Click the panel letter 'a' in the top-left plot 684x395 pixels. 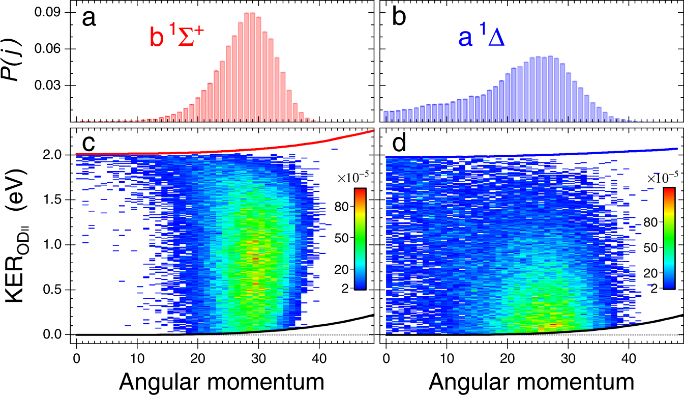[x=89, y=19]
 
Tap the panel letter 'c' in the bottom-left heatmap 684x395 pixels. [x=89, y=144]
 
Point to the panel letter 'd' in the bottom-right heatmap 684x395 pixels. [x=400, y=144]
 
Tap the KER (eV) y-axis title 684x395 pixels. [x=23, y=244]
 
